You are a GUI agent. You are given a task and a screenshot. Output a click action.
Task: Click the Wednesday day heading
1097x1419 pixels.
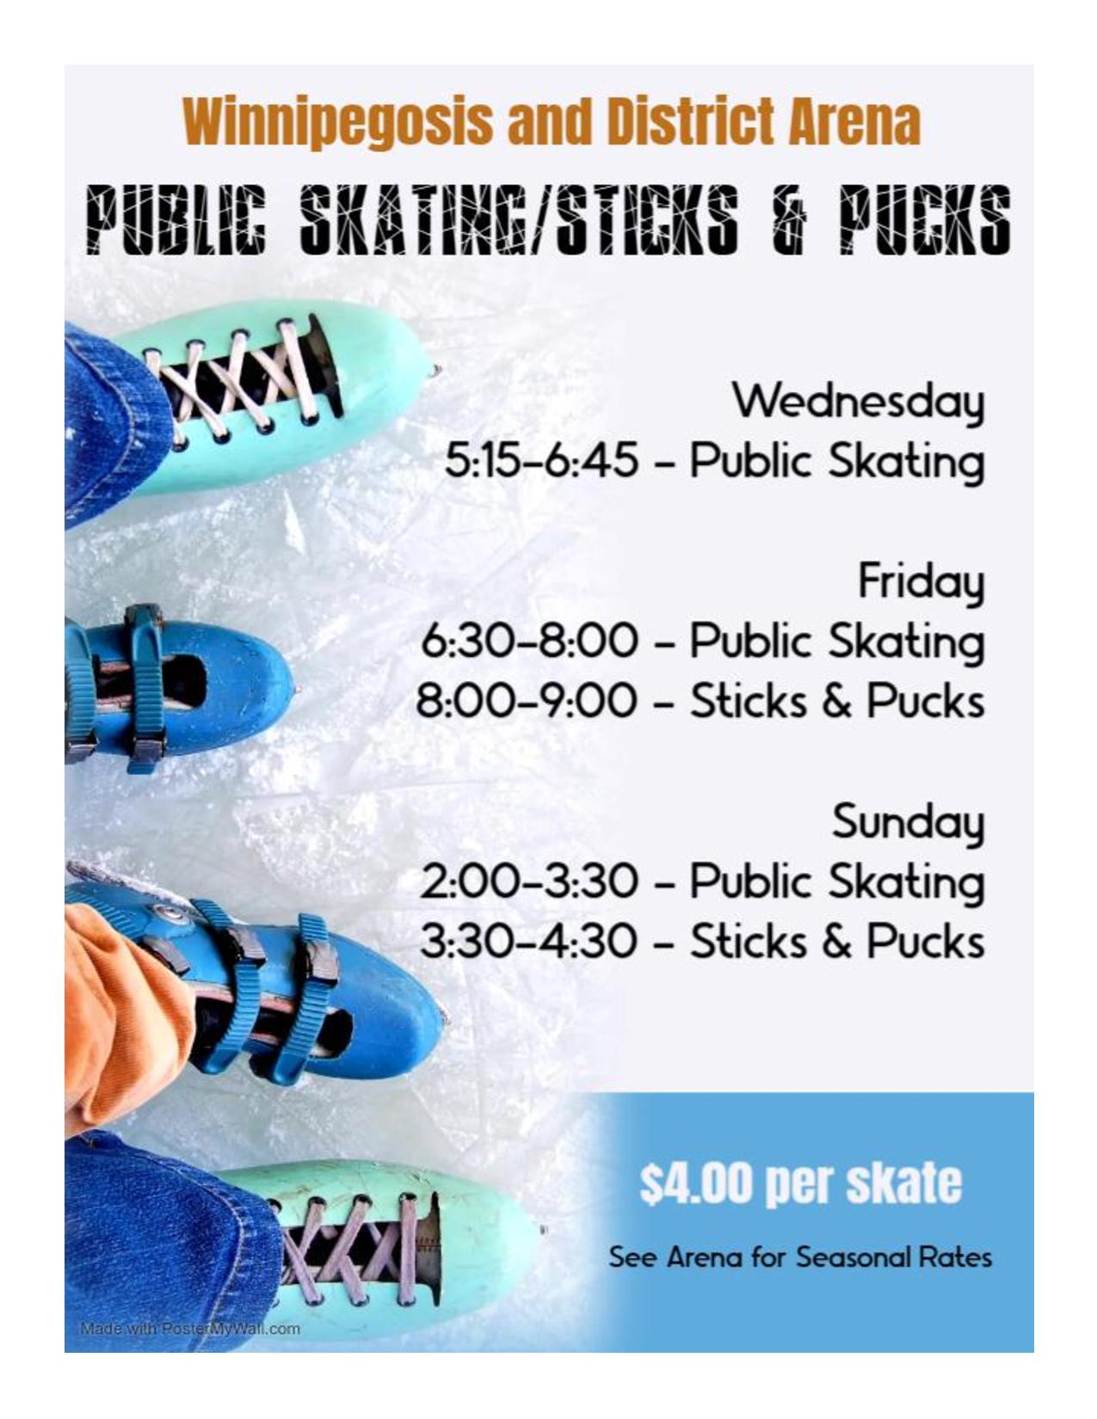(857, 400)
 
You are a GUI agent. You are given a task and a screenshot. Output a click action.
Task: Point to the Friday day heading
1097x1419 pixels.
(921, 582)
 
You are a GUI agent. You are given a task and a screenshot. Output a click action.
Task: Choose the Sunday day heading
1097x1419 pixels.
(909, 822)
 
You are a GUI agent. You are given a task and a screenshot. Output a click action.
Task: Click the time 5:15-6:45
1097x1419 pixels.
(541, 460)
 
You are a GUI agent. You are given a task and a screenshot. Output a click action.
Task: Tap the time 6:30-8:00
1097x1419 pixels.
(528, 641)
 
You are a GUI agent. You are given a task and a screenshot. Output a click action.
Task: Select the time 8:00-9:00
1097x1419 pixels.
(527, 701)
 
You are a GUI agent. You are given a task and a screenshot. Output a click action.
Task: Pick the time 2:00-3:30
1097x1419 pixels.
(528, 881)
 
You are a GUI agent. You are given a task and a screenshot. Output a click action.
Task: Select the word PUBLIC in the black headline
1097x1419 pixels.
(177, 219)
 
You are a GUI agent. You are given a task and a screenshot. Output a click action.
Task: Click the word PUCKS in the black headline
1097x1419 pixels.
(925, 219)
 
